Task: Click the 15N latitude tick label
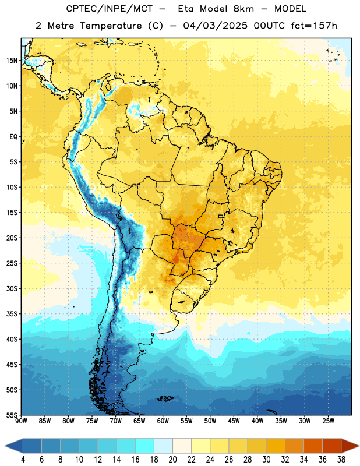[12, 61]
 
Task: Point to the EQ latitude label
[13, 137]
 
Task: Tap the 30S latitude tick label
[12, 288]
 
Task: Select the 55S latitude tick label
[12, 415]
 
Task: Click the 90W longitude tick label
[22, 421]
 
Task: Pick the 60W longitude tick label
[163, 421]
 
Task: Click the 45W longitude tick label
[234, 421]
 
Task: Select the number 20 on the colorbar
[172, 460]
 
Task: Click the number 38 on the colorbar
[341, 460]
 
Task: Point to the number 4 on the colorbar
[23, 460]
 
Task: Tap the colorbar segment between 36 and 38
[332, 446]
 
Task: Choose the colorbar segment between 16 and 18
[145, 446]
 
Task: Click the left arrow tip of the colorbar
[5, 446]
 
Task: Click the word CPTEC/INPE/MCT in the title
[109, 9]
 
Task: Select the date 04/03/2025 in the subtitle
[215, 26]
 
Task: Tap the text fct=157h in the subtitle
[314, 26]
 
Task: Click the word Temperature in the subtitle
[111, 26]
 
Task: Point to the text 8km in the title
[243, 9]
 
